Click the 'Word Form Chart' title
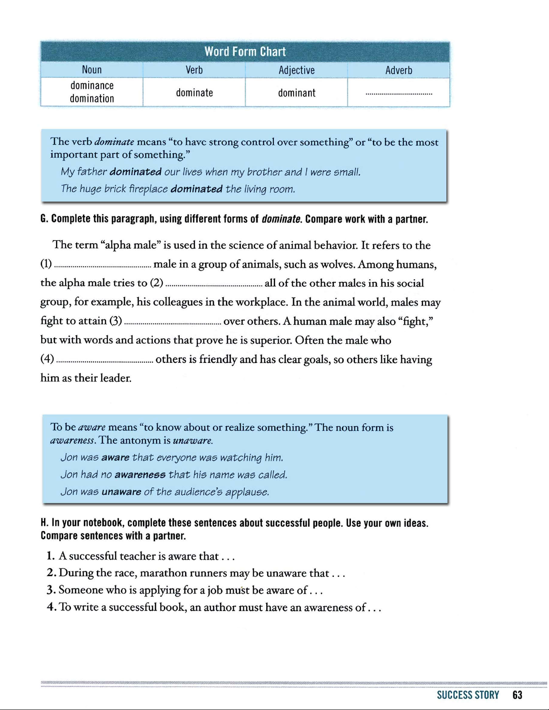coord(245,52)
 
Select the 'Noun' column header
coord(92,70)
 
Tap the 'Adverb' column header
coord(398,70)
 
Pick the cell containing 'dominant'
coord(296,93)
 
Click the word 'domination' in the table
coord(92,99)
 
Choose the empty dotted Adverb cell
coord(398,94)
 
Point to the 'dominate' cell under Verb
coord(194,93)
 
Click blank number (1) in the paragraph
coord(102,266)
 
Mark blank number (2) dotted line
coord(213,284)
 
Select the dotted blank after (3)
coord(172,323)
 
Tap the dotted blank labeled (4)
coord(105,361)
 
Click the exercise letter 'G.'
coord(44,219)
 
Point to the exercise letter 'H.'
coord(44,523)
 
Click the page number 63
coord(518,695)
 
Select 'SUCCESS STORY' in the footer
coord(468,695)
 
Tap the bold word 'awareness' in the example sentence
coord(140,475)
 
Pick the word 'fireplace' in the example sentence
coord(148,189)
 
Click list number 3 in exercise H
coord(51,590)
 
